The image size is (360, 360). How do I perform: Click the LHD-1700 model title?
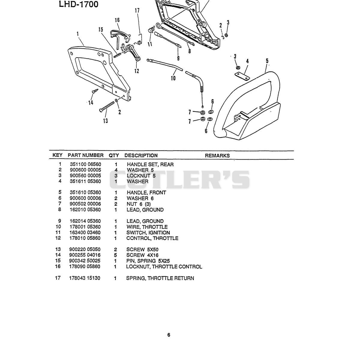79,4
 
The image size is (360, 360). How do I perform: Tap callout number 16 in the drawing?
117,20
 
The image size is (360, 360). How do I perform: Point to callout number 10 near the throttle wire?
173,78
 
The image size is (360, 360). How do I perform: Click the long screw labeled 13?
107,107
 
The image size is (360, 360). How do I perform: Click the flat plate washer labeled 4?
242,76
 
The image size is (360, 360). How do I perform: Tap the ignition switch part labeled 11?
151,30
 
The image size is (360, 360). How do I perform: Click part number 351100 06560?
85,164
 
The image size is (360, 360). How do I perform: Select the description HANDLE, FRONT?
146,193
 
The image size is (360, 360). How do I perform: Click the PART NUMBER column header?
85,155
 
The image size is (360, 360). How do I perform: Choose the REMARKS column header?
217,156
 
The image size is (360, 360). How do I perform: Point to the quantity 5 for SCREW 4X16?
115,255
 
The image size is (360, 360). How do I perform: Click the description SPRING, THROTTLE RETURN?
160,278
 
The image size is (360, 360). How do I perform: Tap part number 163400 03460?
85,232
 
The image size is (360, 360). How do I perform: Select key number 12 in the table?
58,238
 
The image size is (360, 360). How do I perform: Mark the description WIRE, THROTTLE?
147,227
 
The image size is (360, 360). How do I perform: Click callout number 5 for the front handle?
267,61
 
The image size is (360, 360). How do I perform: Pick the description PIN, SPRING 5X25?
148,261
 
